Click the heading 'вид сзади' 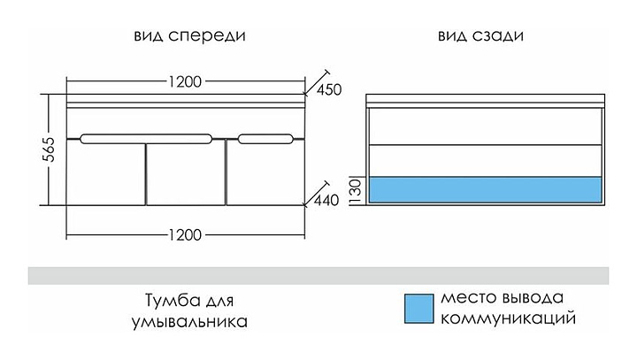click(x=480, y=37)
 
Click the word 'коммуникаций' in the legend click(x=502, y=317)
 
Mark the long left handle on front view click(x=146, y=138)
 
